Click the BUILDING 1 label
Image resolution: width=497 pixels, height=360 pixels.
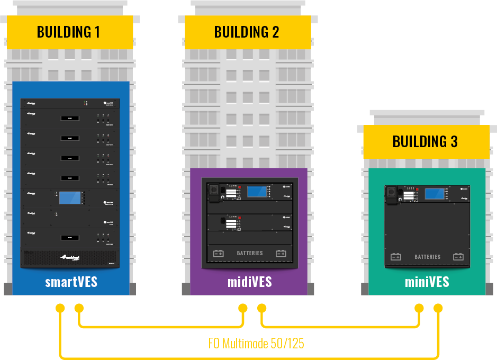click(x=68, y=32)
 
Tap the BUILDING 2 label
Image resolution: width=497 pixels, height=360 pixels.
click(x=247, y=32)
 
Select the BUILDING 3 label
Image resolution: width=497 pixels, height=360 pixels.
click(x=425, y=142)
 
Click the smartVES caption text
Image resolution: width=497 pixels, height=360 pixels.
click(x=71, y=282)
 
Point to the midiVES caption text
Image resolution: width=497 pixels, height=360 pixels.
click(x=249, y=282)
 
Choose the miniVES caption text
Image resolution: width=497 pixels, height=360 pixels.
click(x=427, y=282)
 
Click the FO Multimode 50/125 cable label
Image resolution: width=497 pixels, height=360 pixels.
click(x=256, y=344)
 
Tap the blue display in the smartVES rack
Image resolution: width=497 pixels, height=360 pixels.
click(x=70, y=198)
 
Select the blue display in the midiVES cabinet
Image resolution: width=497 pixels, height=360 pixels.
click(x=257, y=191)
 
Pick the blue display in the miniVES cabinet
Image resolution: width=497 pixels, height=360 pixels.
click(x=434, y=194)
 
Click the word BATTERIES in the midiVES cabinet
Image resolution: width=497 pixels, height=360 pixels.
click(x=250, y=254)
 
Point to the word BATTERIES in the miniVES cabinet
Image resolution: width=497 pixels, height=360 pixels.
click(x=428, y=257)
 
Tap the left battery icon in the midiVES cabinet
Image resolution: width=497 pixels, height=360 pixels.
click(x=219, y=254)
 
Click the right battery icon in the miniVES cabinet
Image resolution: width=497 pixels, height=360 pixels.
click(x=458, y=257)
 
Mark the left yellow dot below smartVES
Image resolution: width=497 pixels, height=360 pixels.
click(x=60, y=308)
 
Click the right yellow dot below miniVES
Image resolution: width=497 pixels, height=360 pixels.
click(x=438, y=308)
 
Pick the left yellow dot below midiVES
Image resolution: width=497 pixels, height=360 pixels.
click(x=243, y=308)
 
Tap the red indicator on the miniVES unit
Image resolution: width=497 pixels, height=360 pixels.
click(x=417, y=189)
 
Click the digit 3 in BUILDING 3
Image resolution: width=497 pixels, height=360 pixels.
click(x=453, y=142)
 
